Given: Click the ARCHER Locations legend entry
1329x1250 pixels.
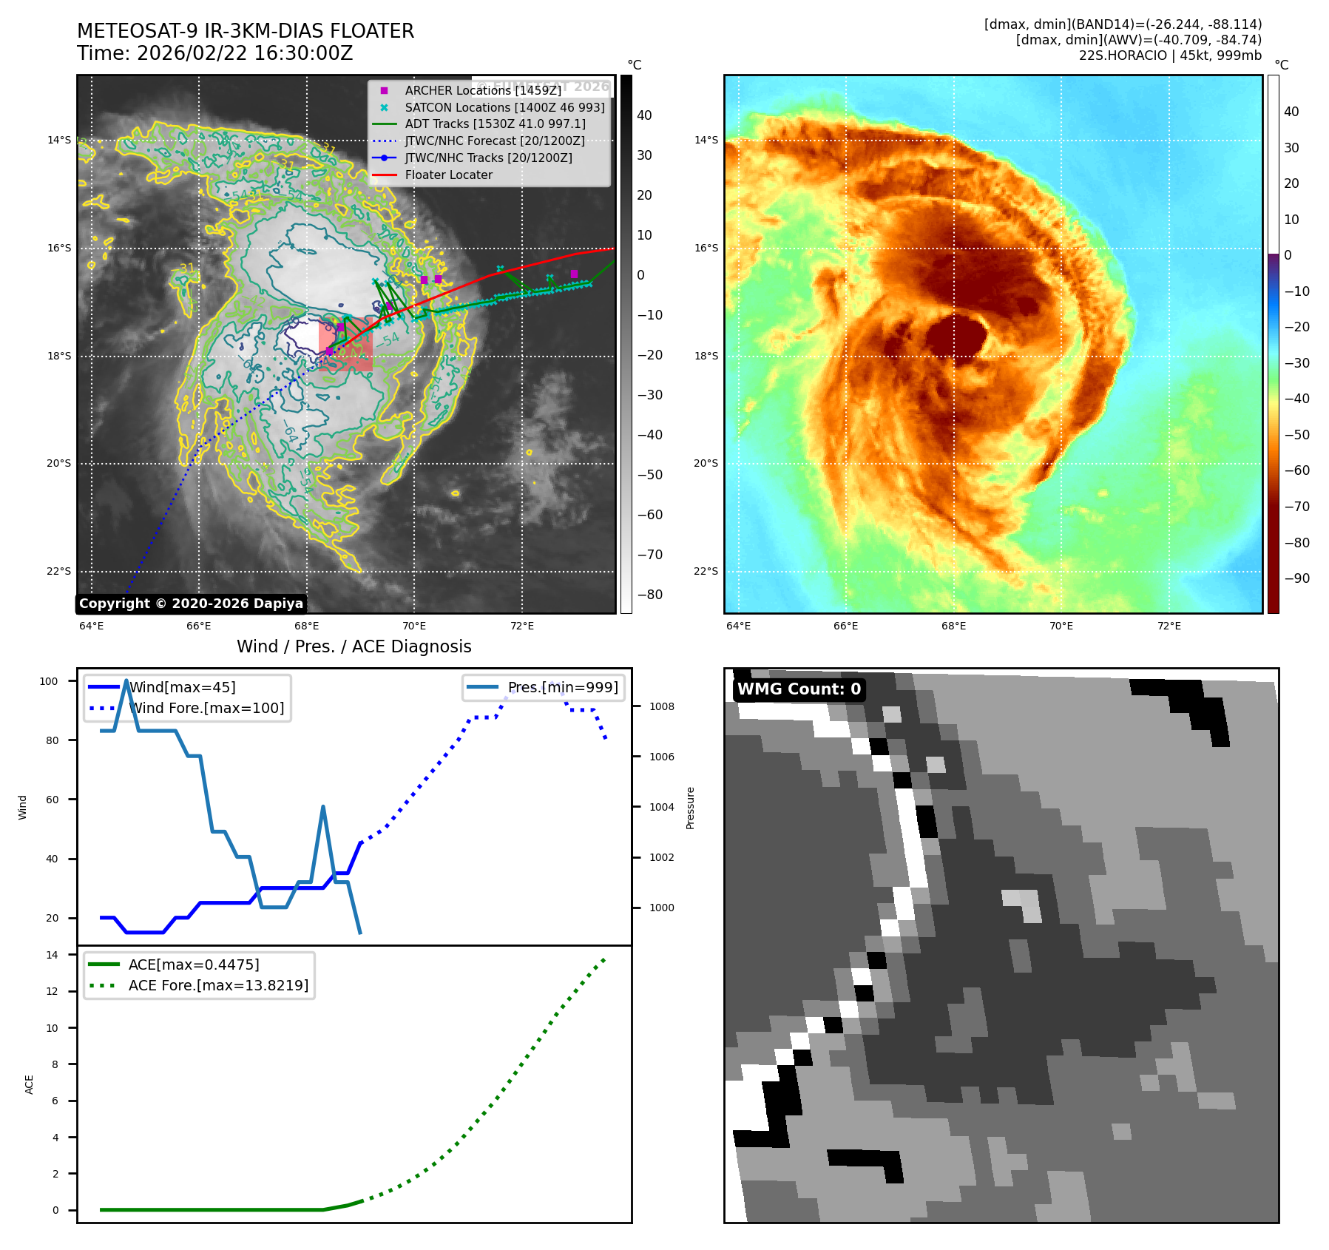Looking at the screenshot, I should tap(483, 90).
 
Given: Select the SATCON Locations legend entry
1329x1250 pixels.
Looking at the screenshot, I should tap(504, 107).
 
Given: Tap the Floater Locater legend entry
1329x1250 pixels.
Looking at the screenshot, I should tap(448, 175).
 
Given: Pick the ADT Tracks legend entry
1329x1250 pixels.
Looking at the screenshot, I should tap(495, 124).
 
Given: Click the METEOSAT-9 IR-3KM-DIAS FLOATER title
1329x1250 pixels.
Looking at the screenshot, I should tap(246, 31).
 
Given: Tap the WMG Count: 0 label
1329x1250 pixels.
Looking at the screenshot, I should tap(799, 689).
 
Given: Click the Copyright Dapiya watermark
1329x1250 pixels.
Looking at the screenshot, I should tap(191, 604).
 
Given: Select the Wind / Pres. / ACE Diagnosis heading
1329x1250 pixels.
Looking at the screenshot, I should tap(354, 646).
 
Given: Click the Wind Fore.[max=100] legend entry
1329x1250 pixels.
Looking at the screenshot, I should tap(206, 708).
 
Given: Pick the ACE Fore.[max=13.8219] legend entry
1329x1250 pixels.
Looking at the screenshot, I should tap(218, 985).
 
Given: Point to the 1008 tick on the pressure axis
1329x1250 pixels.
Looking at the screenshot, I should tap(662, 706).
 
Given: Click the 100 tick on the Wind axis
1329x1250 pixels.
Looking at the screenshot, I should tap(49, 681).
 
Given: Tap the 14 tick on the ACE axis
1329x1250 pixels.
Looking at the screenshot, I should tap(52, 955).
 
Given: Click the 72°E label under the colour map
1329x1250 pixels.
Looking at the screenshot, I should tap(1169, 626).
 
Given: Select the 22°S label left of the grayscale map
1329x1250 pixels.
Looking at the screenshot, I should tap(59, 571).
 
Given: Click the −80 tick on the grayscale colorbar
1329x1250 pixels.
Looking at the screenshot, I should tap(650, 595).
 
